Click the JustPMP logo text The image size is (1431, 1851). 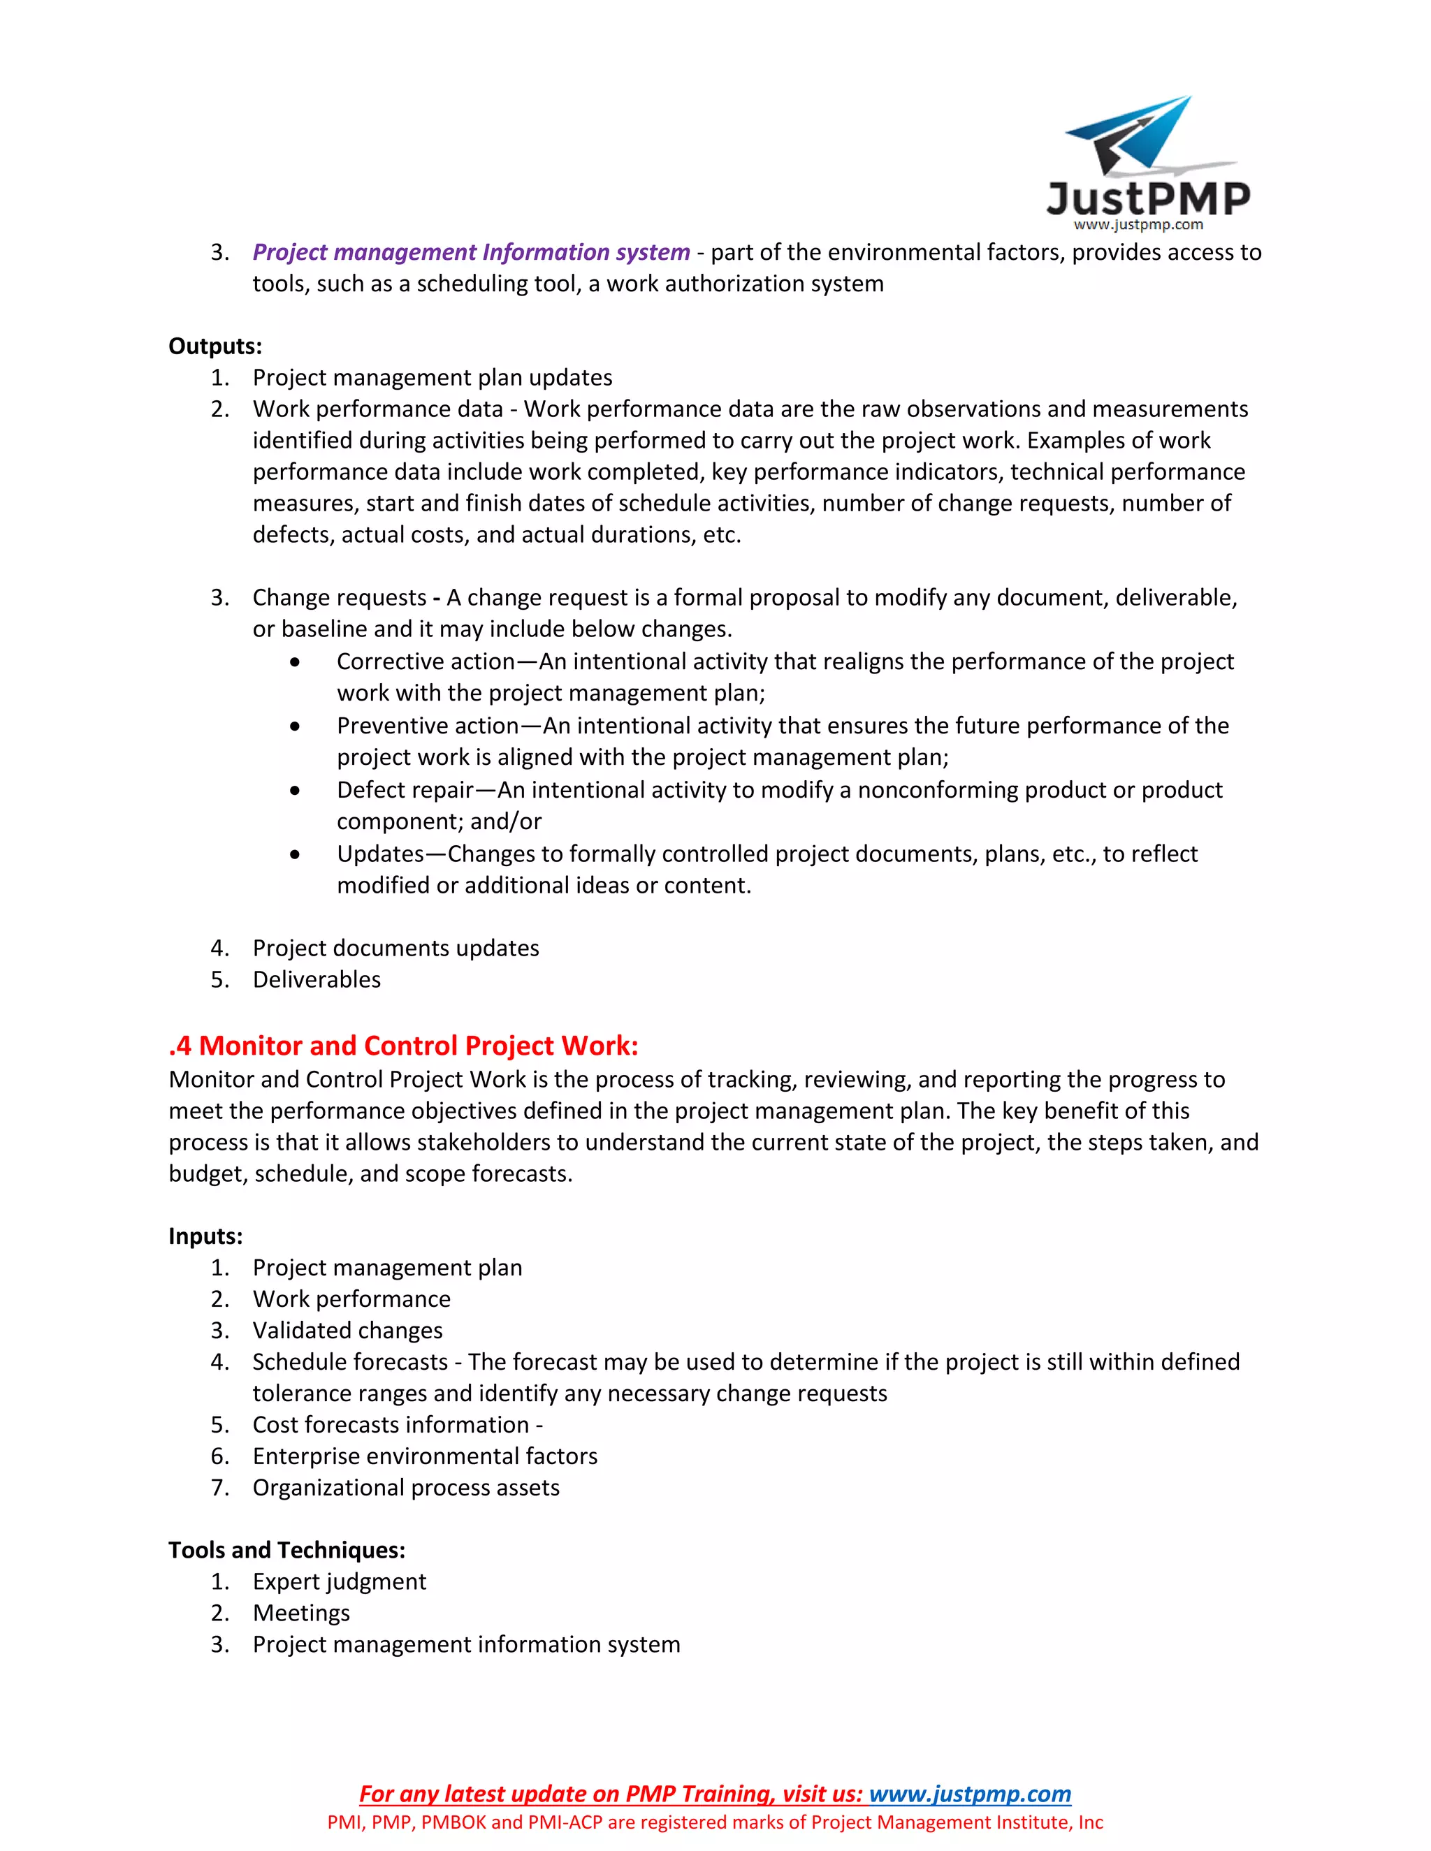[x=1148, y=199]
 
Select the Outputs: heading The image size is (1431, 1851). [x=215, y=346]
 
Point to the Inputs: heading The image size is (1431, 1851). [x=205, y=1236]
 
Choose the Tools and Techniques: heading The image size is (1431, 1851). [x=286, y=1550]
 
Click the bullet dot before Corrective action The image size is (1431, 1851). [x=294, y=662]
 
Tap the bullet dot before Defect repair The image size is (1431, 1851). [x=294, y=791]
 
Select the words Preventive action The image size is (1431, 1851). [x=427, y=726]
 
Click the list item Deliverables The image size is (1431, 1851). [x=317, y=980]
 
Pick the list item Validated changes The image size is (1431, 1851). [x=347, y=1331]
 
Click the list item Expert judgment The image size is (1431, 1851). [x=339, y=1581]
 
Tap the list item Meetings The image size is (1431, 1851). [x=301, y=1613]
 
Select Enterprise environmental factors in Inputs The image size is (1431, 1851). [x=425, y=1456]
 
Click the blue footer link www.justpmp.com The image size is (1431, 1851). [x=970, y=1794]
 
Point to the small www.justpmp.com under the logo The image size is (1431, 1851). [x=1138, y=225]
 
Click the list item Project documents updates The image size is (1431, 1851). [x=395, y=949]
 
